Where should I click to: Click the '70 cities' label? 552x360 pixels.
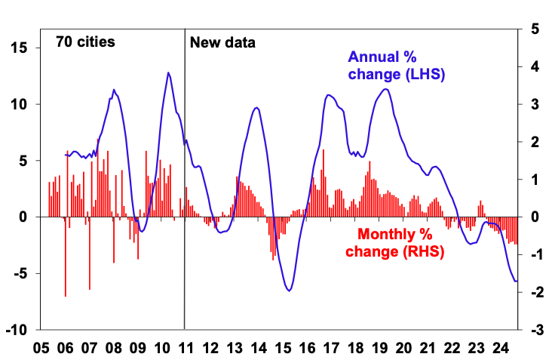(85, 42)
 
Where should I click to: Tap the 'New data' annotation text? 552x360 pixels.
(222, 42)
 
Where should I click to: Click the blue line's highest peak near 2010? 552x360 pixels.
(168, 72)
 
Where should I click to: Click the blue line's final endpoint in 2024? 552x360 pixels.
(517, 282)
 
